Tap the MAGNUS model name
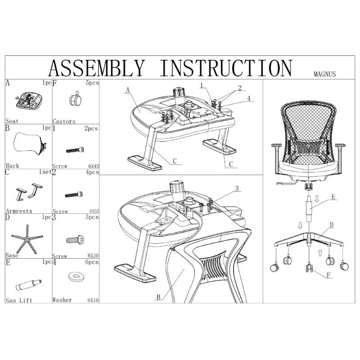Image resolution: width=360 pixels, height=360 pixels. coord(325,75)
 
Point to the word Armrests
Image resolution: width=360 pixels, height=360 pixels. coord(19,211)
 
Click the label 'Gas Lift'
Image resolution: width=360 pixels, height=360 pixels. coord(18,300)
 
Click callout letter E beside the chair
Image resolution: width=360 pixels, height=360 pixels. coord(333,197)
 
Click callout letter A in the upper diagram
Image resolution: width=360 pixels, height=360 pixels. coord(128,90)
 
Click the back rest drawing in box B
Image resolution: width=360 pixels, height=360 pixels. coord(30,143)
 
